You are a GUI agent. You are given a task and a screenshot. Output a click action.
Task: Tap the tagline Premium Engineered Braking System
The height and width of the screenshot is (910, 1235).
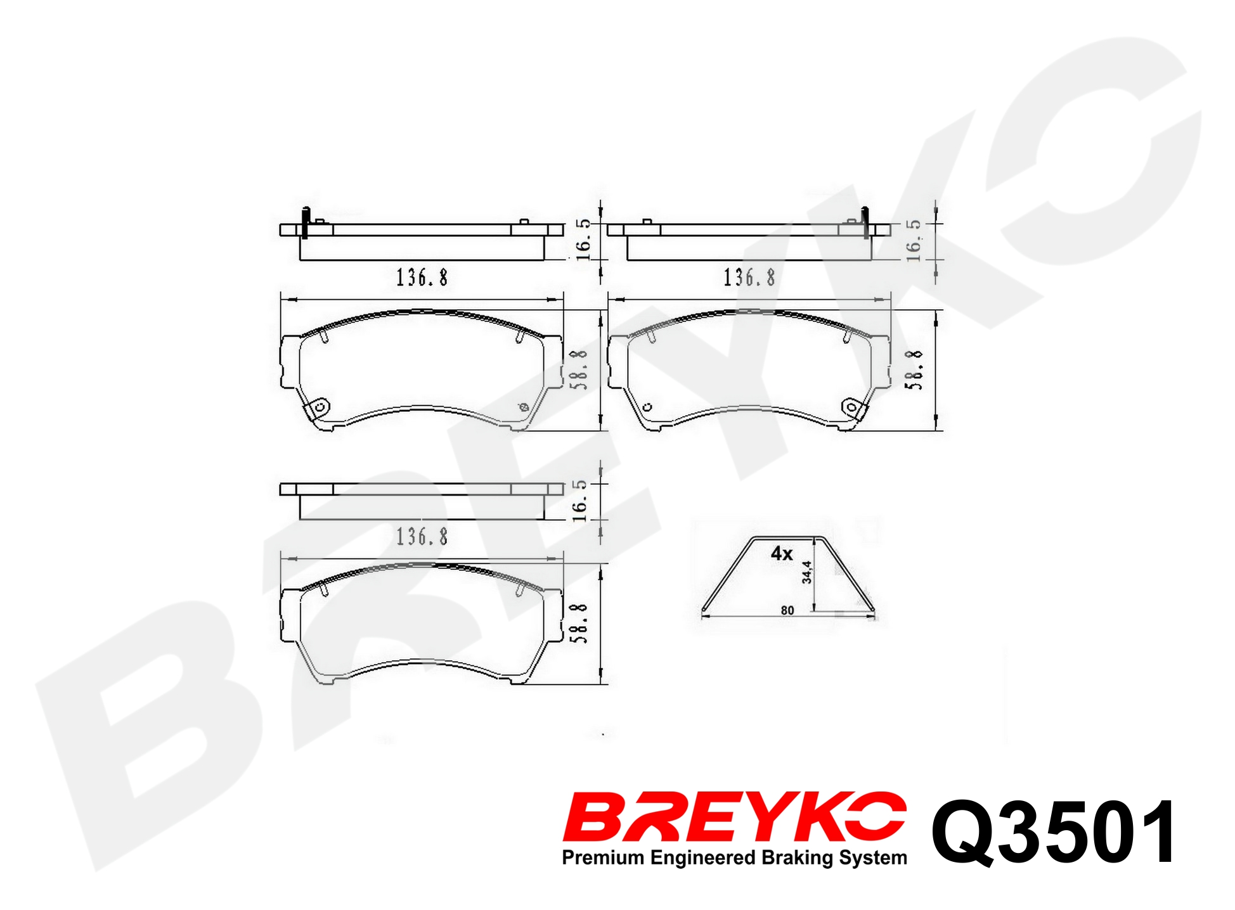pyautogui.click(x=734, y=857)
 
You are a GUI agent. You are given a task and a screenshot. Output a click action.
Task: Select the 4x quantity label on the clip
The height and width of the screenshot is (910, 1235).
pyautogui.click(x=782, y=554)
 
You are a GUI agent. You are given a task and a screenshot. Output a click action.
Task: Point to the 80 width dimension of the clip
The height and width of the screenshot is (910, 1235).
pyautogui.click(x=787, y=610)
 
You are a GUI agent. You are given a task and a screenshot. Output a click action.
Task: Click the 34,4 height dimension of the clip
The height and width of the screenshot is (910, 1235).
pyautogui.click(x=806, y=572)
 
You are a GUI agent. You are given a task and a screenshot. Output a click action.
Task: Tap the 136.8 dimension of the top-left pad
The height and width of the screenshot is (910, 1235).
pyautogui.click(x=422, y=278)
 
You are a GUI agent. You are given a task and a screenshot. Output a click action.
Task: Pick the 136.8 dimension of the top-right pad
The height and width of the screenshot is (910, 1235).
pyautogui.click(x=749, y=278)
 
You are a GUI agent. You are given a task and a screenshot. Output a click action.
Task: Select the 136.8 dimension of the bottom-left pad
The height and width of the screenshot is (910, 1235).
pyautogui.click(x=422, y=537)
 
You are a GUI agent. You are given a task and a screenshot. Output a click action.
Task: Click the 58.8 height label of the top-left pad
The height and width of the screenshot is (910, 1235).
pyautogui.click(x=579, y=369)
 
